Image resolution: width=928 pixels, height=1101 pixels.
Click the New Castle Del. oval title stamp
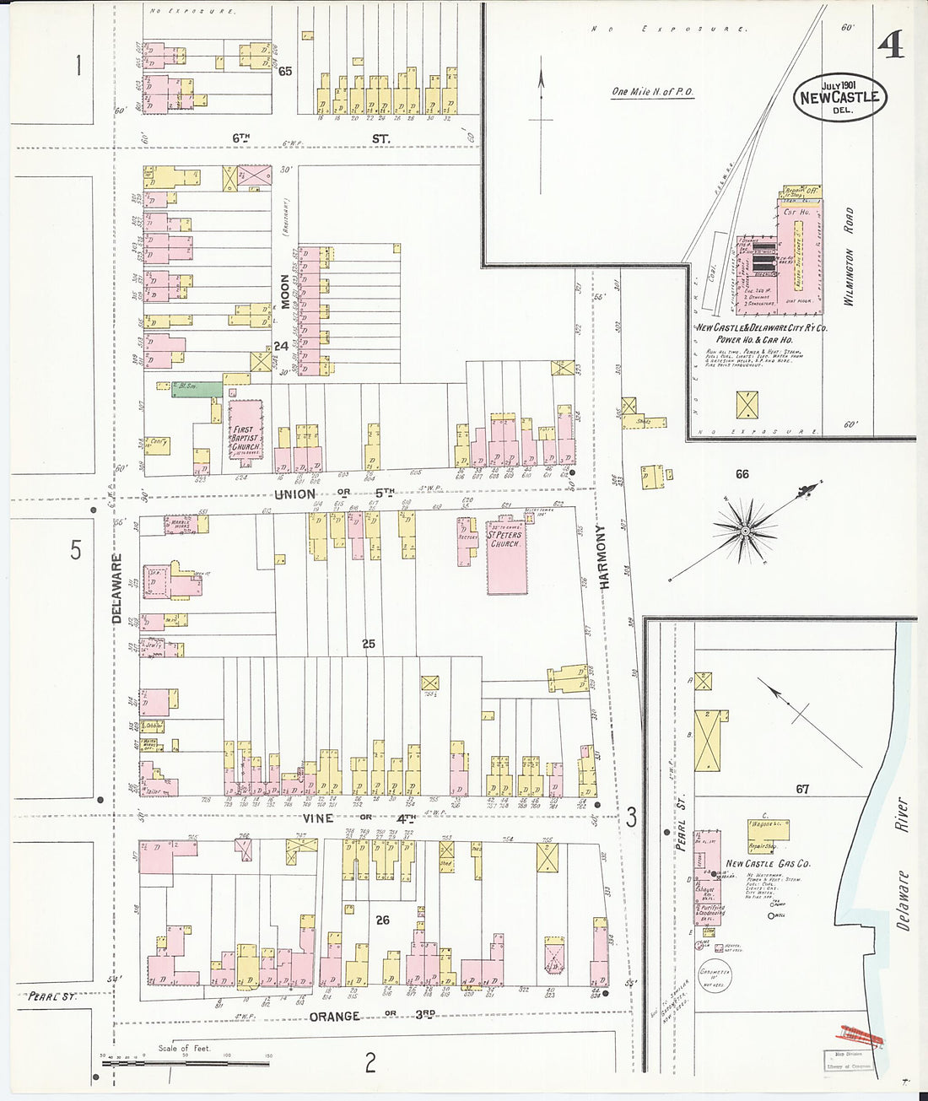click(x=839, y=97)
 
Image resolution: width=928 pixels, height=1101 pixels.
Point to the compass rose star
click(x=745, y=530)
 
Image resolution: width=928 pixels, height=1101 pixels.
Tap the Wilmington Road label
click(x=849, y=256)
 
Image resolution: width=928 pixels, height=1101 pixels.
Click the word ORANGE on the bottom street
click(x=334, y=1017)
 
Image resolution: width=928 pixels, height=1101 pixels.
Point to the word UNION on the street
click(x=294, y=494)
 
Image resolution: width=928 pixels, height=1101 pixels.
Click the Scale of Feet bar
click(x=186, y=1062)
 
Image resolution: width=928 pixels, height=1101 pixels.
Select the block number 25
click(x=369, y=644)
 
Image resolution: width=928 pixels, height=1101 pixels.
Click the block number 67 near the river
click(x=801, y=789)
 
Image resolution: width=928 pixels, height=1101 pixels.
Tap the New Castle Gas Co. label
click(x=768, y=863)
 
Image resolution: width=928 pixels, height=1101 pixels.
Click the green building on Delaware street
click(x=197, y=391)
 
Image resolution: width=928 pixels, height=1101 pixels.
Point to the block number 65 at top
click(x=285, y=72)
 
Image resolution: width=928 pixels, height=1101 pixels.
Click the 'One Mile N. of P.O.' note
click(x=653, y=92)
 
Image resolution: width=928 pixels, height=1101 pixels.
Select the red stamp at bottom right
click(x=859, y=1034)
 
